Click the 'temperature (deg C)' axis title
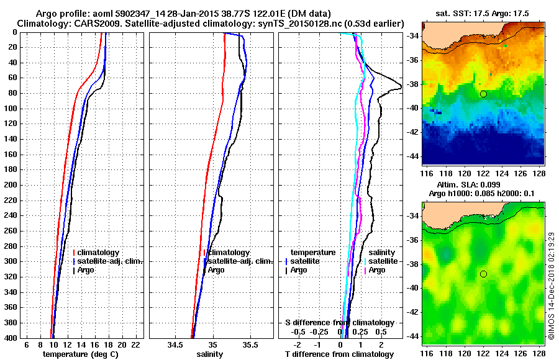(80, 354)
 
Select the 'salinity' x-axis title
(209, 354)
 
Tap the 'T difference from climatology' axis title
(339, 354)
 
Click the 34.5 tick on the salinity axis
(175, 344)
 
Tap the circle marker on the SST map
(483, 94)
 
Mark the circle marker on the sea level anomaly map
(483, 274)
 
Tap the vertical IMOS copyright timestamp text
(551, 286)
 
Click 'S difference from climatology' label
(340, 323)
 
